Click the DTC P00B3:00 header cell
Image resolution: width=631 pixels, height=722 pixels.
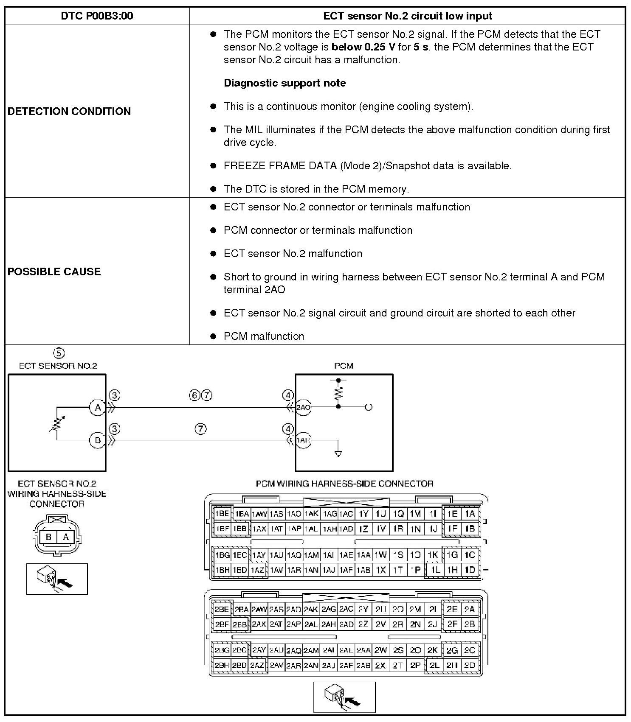pos(97,16)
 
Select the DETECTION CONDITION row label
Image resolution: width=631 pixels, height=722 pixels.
pos(69,111)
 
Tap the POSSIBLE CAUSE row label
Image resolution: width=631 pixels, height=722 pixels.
pos(54,271)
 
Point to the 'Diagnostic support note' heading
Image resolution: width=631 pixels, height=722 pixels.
pos(285,83)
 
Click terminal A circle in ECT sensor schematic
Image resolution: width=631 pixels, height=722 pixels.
pos(98,408)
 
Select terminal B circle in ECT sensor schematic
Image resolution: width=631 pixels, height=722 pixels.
pos(97,440)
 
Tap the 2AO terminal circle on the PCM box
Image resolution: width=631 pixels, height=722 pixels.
pos(303,408)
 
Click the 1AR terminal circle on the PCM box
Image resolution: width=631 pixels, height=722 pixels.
pos(303,440)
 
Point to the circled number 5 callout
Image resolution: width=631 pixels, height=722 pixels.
pos(59,353)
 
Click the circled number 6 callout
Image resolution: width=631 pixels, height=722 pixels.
pos(194,396)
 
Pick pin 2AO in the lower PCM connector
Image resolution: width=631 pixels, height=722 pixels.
pos(293,610)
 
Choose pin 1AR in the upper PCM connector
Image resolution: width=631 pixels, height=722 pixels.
pos(294,570)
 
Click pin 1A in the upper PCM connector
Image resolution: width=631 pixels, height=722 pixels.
pos(470,514)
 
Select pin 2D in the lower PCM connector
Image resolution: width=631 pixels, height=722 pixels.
pos(470,666)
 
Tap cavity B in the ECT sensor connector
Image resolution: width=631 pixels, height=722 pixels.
pos(48,537)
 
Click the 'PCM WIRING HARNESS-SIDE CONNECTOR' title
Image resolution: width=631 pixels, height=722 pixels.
pos(344,484)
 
